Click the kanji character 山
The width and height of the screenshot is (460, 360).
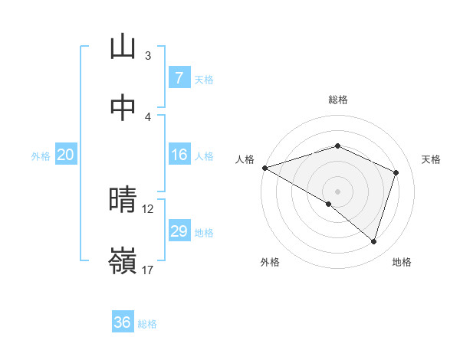click(x=123, y=47)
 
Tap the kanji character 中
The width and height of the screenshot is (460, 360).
click(x=123, y=108)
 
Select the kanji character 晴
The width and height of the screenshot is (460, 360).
click(x=123, y=201)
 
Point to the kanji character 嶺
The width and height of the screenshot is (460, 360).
click(x=123, y=263)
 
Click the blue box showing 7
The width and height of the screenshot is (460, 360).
click(x=179, y=77)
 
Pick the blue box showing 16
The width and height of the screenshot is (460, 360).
click(x=179, y=155)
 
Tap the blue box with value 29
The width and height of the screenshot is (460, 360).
click(x=179, y=231)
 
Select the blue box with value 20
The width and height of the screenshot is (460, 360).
click(x=65, y=155)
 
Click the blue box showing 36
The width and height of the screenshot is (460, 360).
click(x=123, y=322)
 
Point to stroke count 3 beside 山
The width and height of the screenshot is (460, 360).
click(x=148, y=55)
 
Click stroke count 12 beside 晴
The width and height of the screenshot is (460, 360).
click(x=148, y=208)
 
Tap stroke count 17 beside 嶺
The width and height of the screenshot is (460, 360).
click(x=148, y=270)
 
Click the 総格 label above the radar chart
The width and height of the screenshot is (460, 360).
click(x=337, y=100)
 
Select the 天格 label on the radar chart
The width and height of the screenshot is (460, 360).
click(x=432, y=159)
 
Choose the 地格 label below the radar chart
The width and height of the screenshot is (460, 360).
click(x=402, y=262)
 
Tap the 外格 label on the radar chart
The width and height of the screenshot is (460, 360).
click(x=270, y=262)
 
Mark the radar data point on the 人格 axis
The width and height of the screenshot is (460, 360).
click(x=264, y=168)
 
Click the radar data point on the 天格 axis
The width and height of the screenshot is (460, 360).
click(x=396, y=172)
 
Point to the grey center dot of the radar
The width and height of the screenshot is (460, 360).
click(x=337, y=191)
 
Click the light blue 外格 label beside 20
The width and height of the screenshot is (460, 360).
click(x=41, y=155)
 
